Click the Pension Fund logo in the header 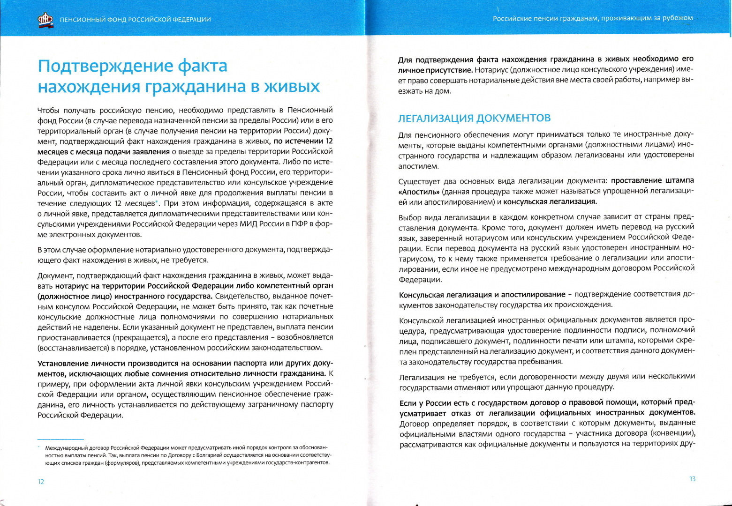point(45,19)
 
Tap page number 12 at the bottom point(41,482)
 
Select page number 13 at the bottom point(692,479)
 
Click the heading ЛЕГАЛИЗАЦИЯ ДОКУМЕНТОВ point(474,118)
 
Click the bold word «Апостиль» point(419,192)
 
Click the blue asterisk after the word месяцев point(157,202)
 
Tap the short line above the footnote point(60,439)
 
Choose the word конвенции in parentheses point(676,433)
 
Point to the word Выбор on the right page point(410,217)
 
